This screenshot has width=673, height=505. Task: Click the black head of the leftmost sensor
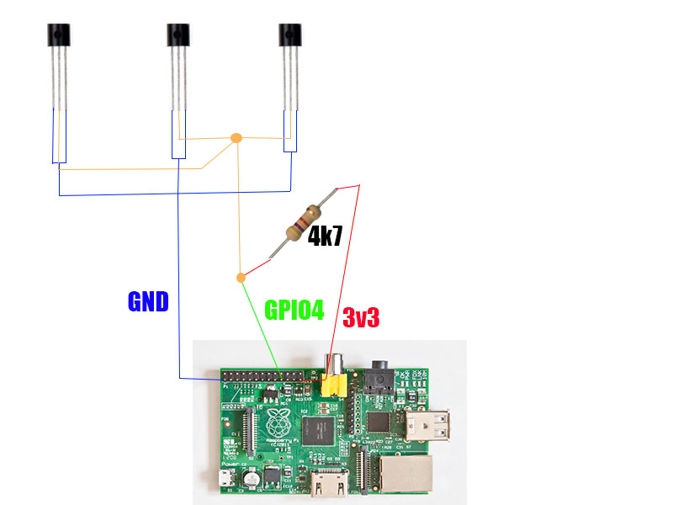58,35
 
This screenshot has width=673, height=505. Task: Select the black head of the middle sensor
178,35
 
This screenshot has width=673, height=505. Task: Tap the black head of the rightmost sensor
289,35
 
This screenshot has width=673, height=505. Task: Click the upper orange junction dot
236,138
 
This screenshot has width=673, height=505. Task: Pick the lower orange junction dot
241,278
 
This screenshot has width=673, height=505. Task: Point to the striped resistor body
304,223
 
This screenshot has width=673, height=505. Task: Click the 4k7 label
325,236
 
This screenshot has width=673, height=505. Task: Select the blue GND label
148,301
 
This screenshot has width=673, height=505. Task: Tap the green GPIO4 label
294,310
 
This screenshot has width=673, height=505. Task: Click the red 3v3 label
361,317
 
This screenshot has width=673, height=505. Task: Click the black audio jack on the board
379,378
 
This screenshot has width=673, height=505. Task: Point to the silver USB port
427,425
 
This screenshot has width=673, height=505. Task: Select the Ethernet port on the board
406,474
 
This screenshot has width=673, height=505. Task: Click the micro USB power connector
225,478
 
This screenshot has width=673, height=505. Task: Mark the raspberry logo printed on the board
278,423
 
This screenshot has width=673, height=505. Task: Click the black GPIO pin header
262,376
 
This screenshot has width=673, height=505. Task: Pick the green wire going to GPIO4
262,328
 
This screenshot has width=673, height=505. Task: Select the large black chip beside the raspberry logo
318,431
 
